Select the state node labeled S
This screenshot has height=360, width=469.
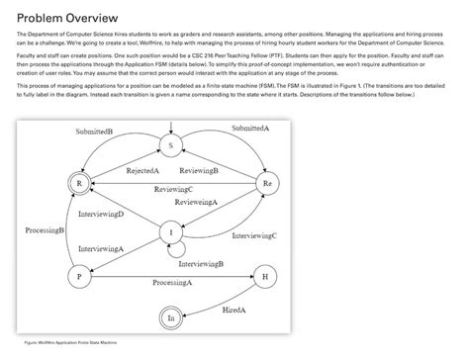170,145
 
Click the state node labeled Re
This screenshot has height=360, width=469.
265,184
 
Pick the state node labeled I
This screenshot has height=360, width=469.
170,232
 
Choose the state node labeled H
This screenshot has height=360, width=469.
265,277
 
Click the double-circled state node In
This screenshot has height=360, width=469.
170,317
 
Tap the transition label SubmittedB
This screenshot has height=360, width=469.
94,132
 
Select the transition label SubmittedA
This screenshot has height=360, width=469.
250,130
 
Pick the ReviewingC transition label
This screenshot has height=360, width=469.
173,189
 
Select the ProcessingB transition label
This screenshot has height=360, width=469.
45,229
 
